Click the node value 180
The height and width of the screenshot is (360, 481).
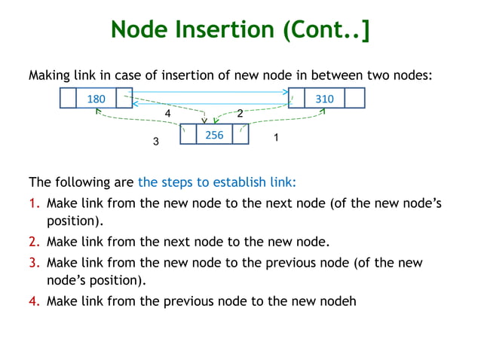(96, 99)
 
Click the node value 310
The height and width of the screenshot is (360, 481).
(324, 99)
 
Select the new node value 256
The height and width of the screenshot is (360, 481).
(214, 135)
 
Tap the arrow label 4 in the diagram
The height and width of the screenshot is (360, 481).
(168, 113)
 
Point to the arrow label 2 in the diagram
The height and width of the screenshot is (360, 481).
(240, 114)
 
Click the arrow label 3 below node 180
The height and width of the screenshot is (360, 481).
(156, 142)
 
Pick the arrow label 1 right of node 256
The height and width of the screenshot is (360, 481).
(276, 139)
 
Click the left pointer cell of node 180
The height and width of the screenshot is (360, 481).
(67, 99)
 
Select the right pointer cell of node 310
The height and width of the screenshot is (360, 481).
(354, 99)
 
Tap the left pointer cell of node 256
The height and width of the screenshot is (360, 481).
(188, 135)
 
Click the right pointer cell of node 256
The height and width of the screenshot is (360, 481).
(240, 135)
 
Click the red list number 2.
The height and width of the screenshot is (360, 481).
(34, 243)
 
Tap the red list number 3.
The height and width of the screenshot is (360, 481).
(34, 262)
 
